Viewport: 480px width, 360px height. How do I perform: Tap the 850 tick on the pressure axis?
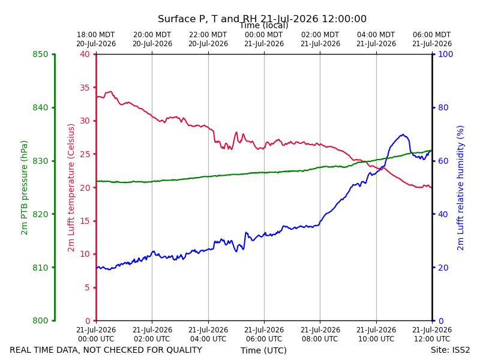click(40, 54)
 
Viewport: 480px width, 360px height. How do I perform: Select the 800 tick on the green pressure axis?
click(40, 320)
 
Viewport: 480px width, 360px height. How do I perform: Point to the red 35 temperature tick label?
click(85, 88)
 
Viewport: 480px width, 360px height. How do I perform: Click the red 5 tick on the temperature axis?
click(87, 287)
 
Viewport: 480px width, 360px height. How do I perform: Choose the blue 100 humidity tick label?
click(446, 54)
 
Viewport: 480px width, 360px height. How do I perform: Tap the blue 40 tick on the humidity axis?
click(443, 214)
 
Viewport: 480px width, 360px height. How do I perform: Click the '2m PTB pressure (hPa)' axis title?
click(24, 188)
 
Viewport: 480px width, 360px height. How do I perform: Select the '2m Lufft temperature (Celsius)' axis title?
click(71, 188)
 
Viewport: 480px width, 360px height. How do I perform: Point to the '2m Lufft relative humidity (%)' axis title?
click(460, 188)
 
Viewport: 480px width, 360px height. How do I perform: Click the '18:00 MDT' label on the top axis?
click(96, 35)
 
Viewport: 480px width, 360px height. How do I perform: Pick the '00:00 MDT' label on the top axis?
click(264, 35)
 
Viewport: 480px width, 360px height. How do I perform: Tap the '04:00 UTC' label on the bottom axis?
click(208, 339)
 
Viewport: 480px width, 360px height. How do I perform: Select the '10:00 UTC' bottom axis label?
click(376, 339)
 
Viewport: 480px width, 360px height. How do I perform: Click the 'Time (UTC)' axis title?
click(263, 350)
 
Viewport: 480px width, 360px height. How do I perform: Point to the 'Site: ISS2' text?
click(450, 350)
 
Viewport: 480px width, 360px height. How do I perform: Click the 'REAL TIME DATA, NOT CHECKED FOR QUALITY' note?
click(106, 350)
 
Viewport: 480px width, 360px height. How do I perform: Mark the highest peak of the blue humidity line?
click(403, 134)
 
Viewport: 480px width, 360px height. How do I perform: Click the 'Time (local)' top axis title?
click(264, 25)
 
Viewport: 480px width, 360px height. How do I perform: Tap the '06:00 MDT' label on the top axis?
click(432, 35)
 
